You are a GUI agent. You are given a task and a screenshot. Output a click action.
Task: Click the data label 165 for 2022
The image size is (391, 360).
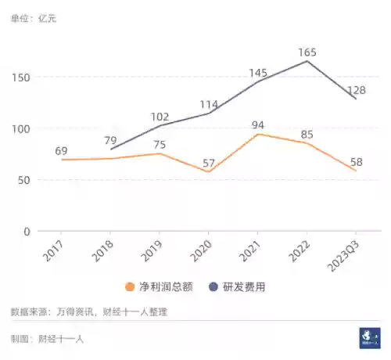[307, 52]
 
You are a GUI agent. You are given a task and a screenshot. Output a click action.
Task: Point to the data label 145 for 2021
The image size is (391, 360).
[259, 73]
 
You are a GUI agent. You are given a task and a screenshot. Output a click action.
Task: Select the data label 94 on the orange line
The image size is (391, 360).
[259, 124]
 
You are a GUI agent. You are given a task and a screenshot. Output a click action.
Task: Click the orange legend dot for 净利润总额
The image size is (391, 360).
[130, 286]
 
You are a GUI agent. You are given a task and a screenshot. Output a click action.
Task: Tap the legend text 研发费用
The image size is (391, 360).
[244, 286]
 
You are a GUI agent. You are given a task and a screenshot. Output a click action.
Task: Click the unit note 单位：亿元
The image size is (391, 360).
[34, 17]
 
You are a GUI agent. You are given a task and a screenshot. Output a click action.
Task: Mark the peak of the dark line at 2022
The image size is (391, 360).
[307, 61]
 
